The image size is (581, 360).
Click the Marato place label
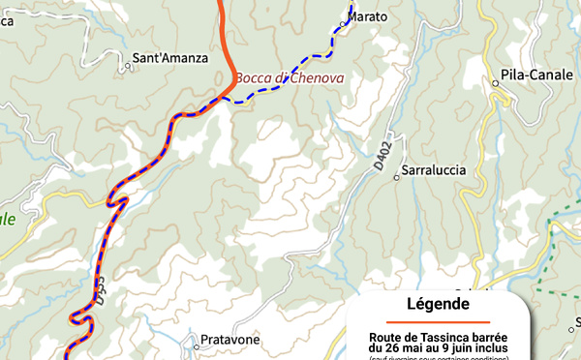(368, 17)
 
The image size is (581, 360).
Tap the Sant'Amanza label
(169, 58)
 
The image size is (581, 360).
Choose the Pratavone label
(230, 341)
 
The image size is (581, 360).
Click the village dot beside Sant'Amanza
(127, 67)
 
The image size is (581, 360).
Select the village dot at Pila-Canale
(495, 84)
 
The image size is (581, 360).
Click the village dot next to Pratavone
(194, 340)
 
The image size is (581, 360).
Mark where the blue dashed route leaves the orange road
(231, 97)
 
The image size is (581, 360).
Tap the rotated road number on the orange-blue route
(100, 287)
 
